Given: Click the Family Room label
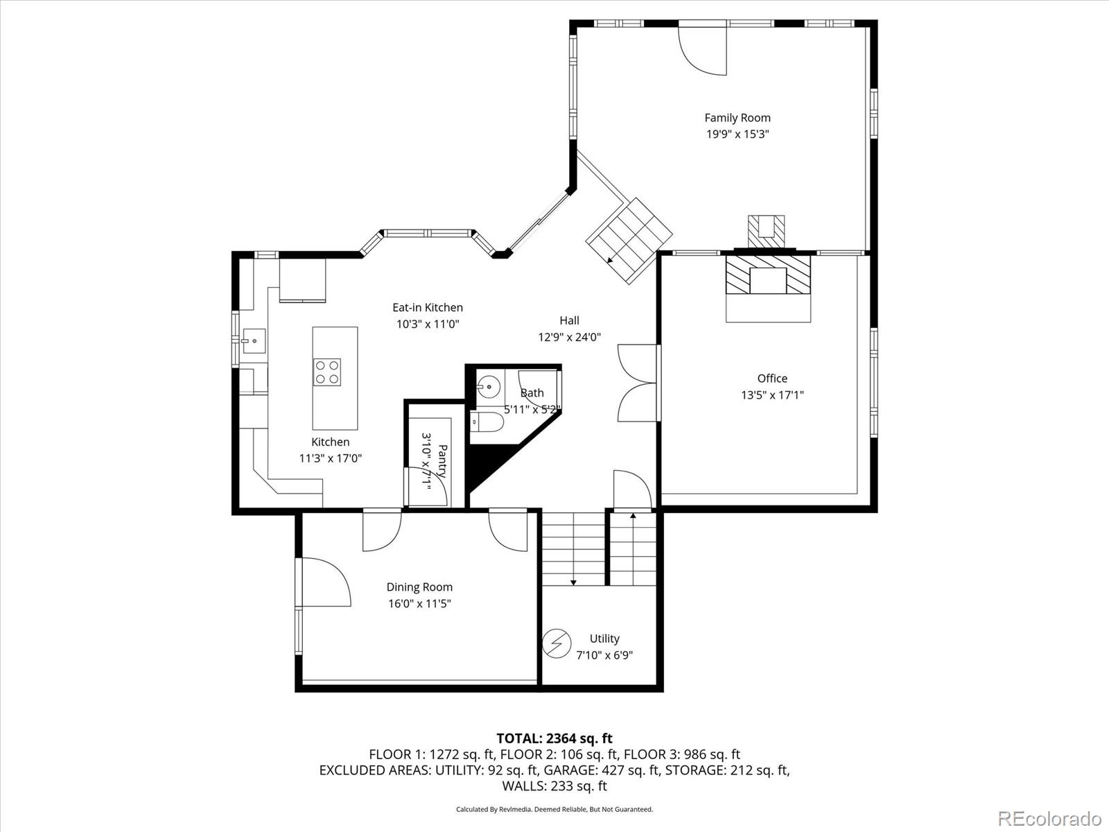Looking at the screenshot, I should pos(737,118).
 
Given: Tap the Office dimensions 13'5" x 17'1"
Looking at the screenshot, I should pos(772,395).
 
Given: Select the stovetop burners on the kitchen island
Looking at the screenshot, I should pos(326,371).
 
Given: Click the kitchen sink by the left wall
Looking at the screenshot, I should pos(253,341).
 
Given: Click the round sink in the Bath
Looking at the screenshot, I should pos(489,385).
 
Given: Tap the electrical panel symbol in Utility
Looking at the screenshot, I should pos(556,643).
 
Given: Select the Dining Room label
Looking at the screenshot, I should pos(419,587).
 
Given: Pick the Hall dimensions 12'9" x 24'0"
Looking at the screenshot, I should pos(569,337).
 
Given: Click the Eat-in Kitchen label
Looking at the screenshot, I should pos(428,307).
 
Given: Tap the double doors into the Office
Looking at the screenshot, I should pos(636,383).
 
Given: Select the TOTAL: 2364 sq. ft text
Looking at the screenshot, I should pos(554,738).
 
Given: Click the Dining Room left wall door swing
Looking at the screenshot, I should pos(324,582).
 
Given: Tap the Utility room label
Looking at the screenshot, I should pos(604,639).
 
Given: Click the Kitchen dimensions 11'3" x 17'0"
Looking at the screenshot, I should pos(331,458).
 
